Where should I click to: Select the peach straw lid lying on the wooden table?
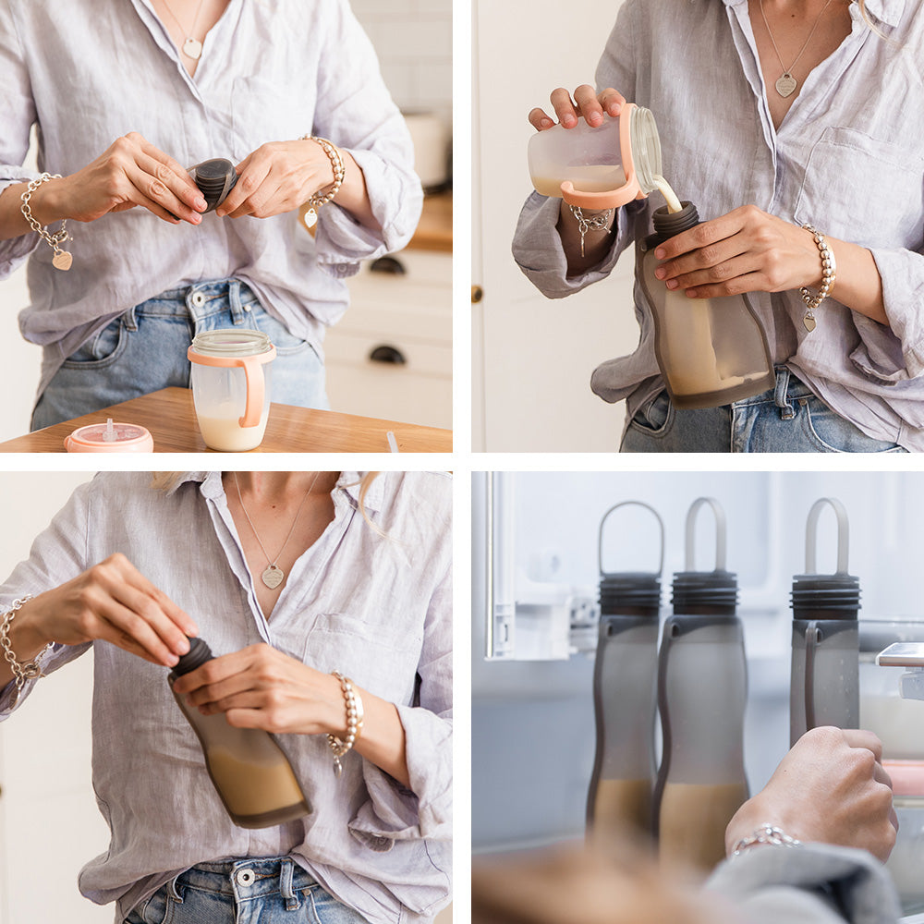109,437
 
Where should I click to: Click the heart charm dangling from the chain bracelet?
62,261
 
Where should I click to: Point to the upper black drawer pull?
387,266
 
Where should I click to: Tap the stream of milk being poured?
668,194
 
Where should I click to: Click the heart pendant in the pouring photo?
785,86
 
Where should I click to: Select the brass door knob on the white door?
477,294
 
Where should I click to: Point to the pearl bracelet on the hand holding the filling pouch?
819,268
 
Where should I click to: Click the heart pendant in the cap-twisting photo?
272,577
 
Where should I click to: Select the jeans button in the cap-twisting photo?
245,876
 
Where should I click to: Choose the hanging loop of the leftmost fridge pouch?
631,536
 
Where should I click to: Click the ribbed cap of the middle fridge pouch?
704,592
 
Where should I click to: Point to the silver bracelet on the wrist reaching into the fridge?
766,838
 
